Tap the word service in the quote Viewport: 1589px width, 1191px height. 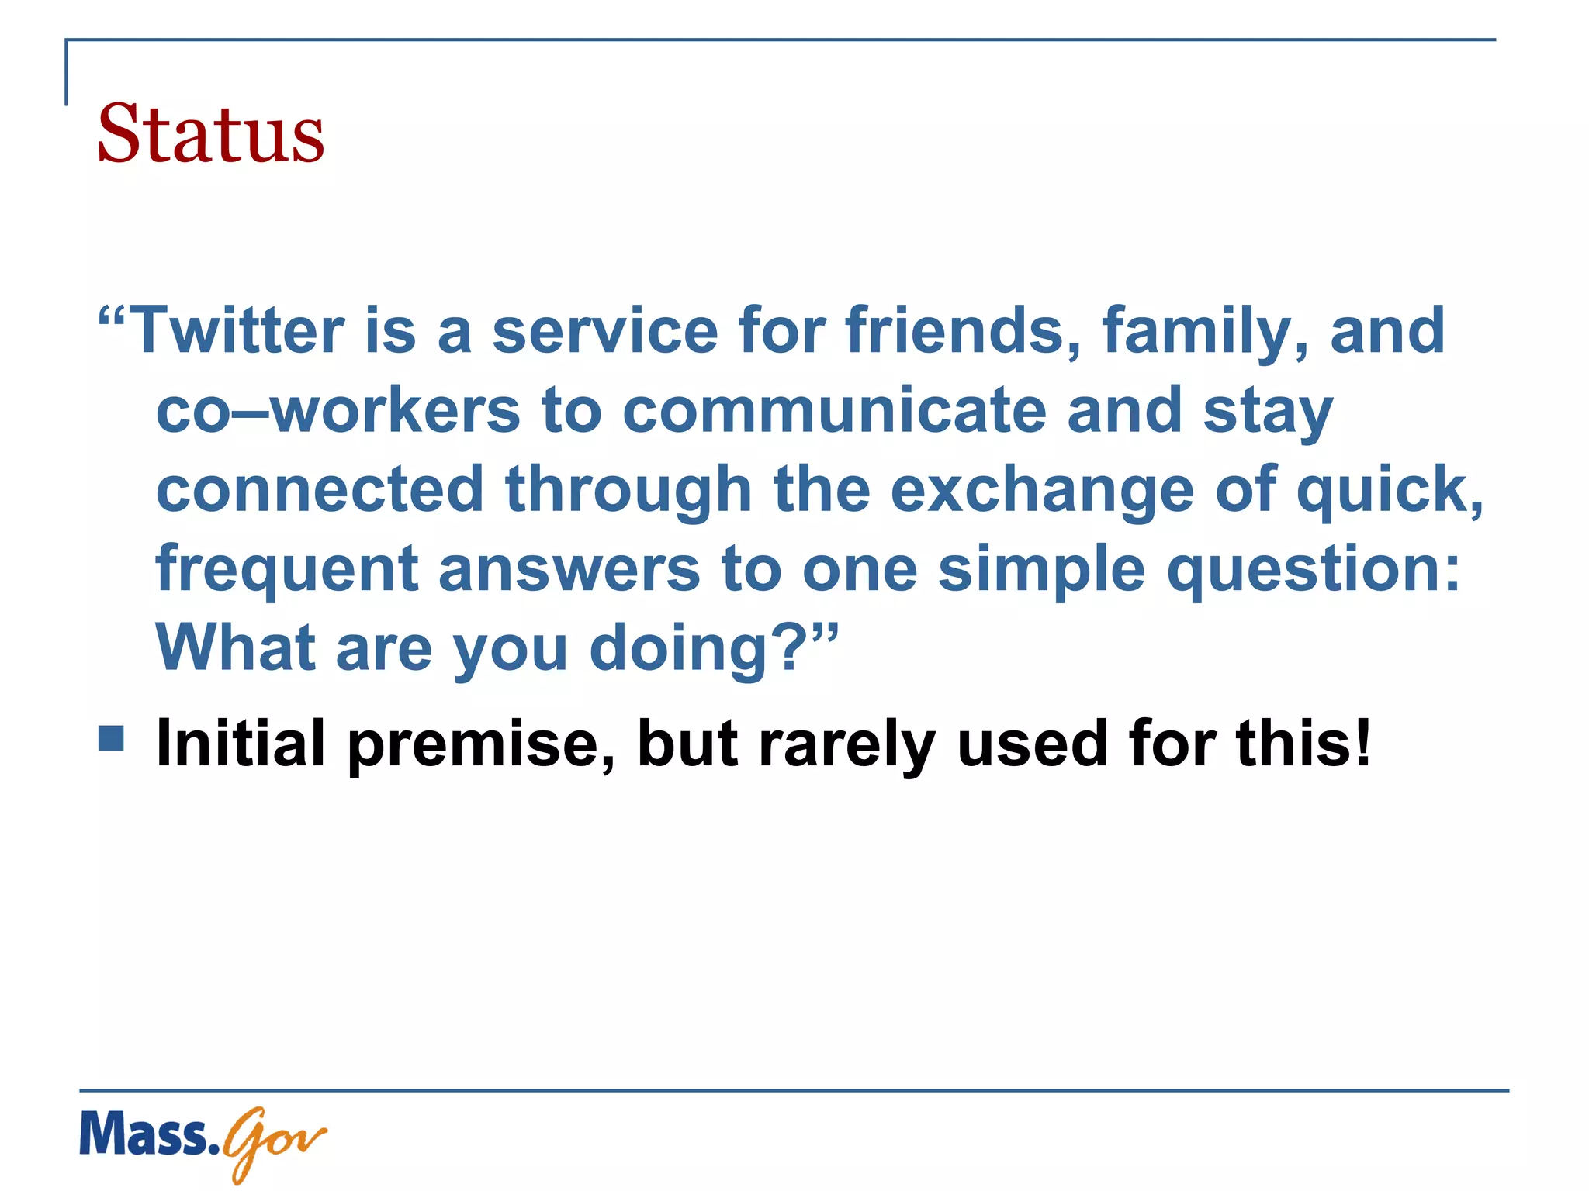point(605,331)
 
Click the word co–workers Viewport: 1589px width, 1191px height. point(338,411)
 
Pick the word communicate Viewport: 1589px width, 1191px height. point(834,411)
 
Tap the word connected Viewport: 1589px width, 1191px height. point(320,490)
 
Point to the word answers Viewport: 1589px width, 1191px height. point(569,570)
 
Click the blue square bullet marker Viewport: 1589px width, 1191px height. point(112,738)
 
